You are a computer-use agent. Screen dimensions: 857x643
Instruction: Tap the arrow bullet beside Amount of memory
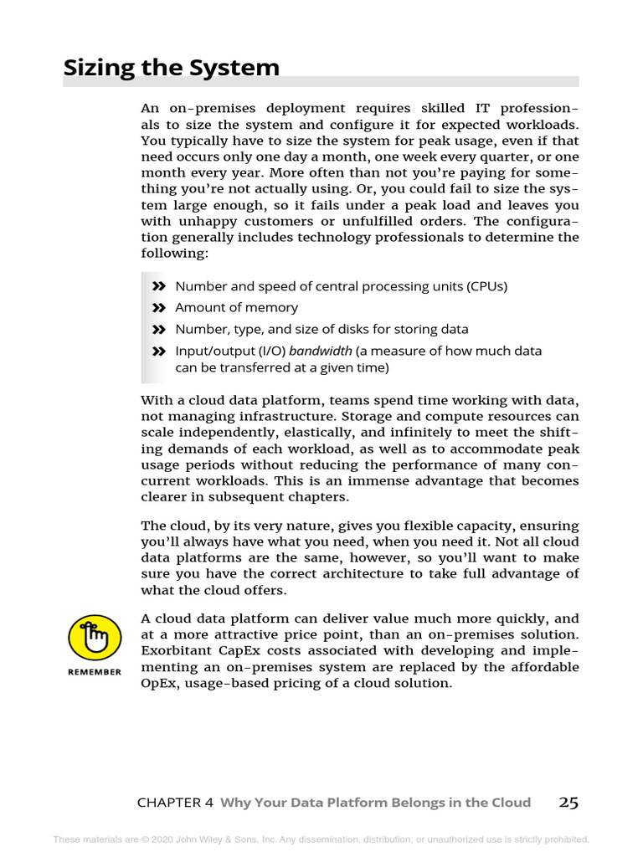[x=159, y=308]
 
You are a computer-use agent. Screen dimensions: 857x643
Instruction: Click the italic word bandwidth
[x=320, y=352]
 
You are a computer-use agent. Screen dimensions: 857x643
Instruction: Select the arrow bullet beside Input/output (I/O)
[x=159, y=352]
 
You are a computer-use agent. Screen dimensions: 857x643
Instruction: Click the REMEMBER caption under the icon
[x=94, y=672]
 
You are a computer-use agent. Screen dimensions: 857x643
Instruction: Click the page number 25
[x=568, y=803]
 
